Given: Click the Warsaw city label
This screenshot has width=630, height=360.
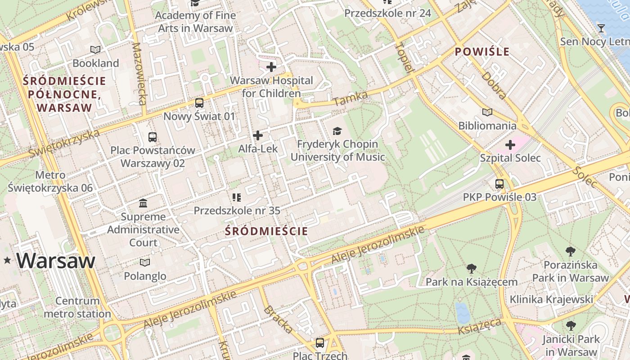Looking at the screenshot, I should point(56,261).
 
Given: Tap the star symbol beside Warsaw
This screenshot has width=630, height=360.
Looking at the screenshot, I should point(7,260).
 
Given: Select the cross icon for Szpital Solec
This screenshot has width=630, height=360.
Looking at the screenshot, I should point(510,145).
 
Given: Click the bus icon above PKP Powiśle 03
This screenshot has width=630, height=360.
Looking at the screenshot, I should point(499,184).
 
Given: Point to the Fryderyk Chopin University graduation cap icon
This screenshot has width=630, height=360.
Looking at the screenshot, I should point(337,131).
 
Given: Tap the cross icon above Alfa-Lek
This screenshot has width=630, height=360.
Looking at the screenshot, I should point(258,135).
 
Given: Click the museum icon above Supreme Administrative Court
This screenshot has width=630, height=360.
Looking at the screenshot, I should point(143,203).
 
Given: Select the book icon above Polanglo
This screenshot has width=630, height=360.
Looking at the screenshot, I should point(145,262).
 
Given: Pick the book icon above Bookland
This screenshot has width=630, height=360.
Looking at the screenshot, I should point(95,49).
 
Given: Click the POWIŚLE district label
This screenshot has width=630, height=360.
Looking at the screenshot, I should point(482,52).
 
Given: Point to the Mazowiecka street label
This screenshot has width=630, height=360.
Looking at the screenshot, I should point(140,74).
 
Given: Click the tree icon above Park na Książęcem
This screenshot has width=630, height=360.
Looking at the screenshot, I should point(471,269).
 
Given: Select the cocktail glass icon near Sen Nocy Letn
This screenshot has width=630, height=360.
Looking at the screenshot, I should point(601,29).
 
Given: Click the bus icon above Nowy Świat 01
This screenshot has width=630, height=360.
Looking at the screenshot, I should point(199,103).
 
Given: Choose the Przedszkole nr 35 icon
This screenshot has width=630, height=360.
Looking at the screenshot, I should point(237,197).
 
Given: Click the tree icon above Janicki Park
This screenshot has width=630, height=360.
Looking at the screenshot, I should point(571,326).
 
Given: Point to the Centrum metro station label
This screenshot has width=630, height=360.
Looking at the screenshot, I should point(77,307).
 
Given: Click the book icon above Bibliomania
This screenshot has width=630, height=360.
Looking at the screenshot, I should point(487,112).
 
